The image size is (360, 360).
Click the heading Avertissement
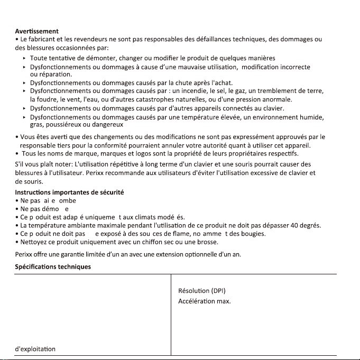36,31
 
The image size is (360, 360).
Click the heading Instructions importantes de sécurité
69,192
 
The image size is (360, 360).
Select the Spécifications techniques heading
52,267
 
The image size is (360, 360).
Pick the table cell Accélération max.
204,301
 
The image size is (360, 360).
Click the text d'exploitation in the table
35,349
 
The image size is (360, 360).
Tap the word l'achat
222,83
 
